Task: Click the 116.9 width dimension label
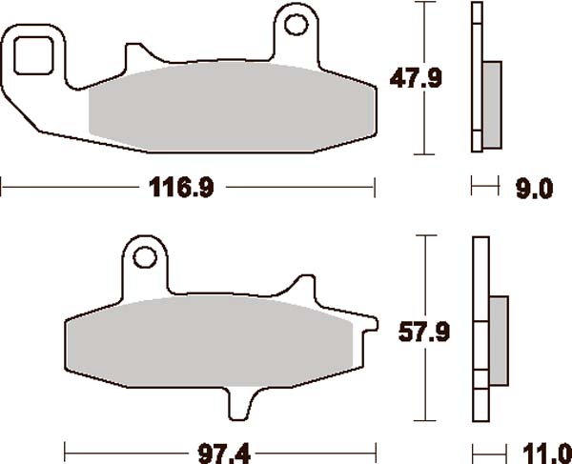click(x=181, y=188)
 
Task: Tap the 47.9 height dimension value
click(x=416, y=78)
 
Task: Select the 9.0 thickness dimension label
click(x=534, y=189)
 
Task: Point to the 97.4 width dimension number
click(x=224, y=454)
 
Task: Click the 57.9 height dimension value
click(x=424, y=332)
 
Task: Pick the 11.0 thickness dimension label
click(x=547, y=454)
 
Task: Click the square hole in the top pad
click(x=33, y=55)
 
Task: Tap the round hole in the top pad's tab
click(x=296, y=25)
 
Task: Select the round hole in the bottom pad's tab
click(x=145, y=257)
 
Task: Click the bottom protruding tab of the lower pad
click(x=240, y=404)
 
